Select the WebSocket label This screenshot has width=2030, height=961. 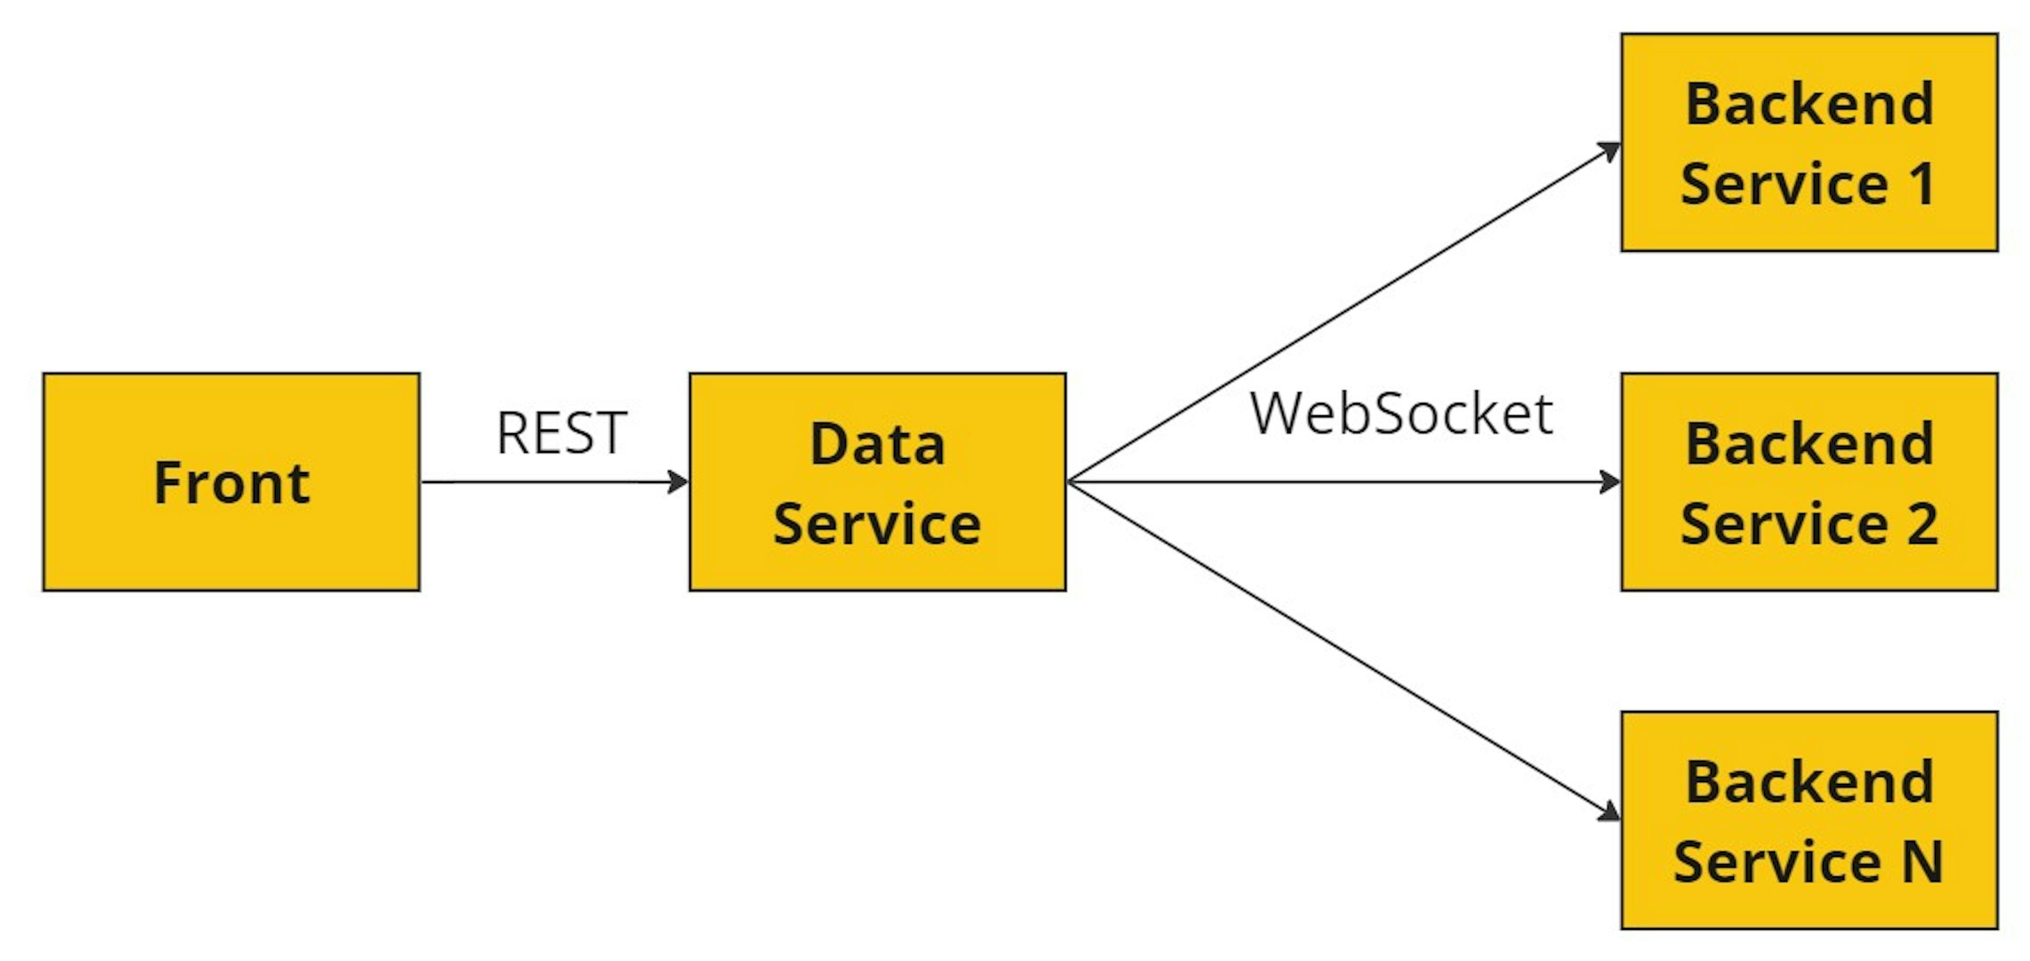click(1401, 414)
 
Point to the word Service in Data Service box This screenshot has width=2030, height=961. click(877, 524)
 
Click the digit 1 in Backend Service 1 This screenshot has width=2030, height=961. click(1923, 184)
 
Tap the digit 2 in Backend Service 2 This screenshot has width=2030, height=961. click(1923, 524)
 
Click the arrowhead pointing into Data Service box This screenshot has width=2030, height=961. click(678, 482)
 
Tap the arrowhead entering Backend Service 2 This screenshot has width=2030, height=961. click(1609, 482)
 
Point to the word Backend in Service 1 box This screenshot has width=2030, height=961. click(1810, 104)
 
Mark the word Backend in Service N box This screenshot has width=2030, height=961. click(1810, 782)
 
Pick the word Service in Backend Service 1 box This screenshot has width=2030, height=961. click(1784, 184)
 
